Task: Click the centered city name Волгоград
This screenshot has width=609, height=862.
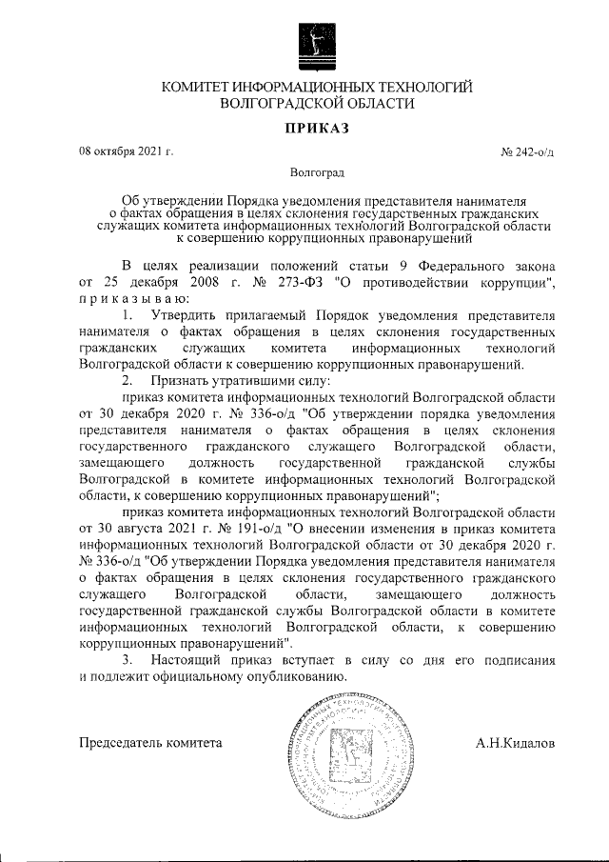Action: (x=318, y=173)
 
